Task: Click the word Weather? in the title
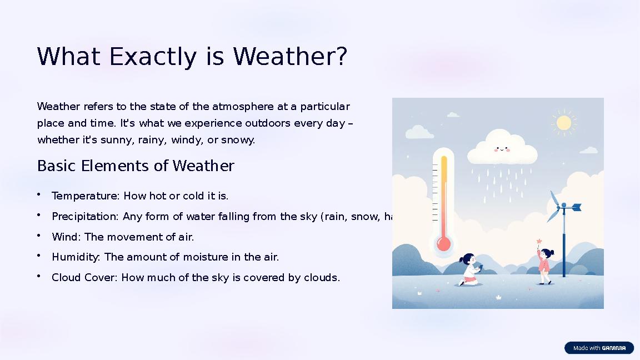(x=290, y=57)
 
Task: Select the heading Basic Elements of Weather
(x=136, y=166)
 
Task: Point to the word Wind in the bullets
(x=66, y=237)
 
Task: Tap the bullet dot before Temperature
(x=40, y=194)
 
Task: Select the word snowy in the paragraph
(x=237, y=140)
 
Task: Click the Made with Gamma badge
(x=599, y=348)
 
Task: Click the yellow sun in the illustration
(x=563, y=123)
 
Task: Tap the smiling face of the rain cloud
(x=502, y=149)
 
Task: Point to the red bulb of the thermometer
(x=443, y=243)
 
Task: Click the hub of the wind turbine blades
(x=563, y=207)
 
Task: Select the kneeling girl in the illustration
(x=469, y=269)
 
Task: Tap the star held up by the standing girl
(x=539, y=242)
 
